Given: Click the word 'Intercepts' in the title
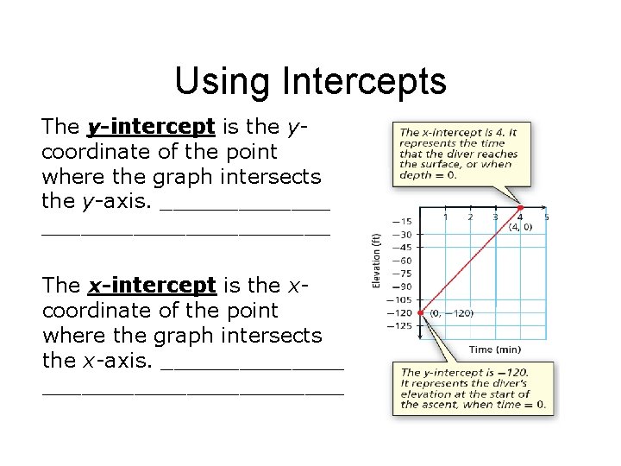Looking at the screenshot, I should pos(363,82).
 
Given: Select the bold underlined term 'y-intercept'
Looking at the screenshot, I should pos(150,127).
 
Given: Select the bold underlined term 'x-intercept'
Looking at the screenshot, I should pos(151,286).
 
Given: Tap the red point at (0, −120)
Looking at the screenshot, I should pos(420,312).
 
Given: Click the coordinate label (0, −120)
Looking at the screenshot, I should pos(450,312).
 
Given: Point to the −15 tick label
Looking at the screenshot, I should pos(402,221).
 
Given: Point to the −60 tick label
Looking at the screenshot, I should pos(402,260).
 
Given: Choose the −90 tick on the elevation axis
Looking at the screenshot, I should pos(402,287).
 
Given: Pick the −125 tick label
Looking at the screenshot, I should pos(400,325).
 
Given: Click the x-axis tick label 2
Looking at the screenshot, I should pos(470,217).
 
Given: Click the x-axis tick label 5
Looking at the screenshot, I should pos(547,217).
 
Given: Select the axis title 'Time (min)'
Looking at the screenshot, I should pos(494,349).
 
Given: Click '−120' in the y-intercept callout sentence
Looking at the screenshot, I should pos(511,373).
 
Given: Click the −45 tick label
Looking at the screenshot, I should pos(402,247).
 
